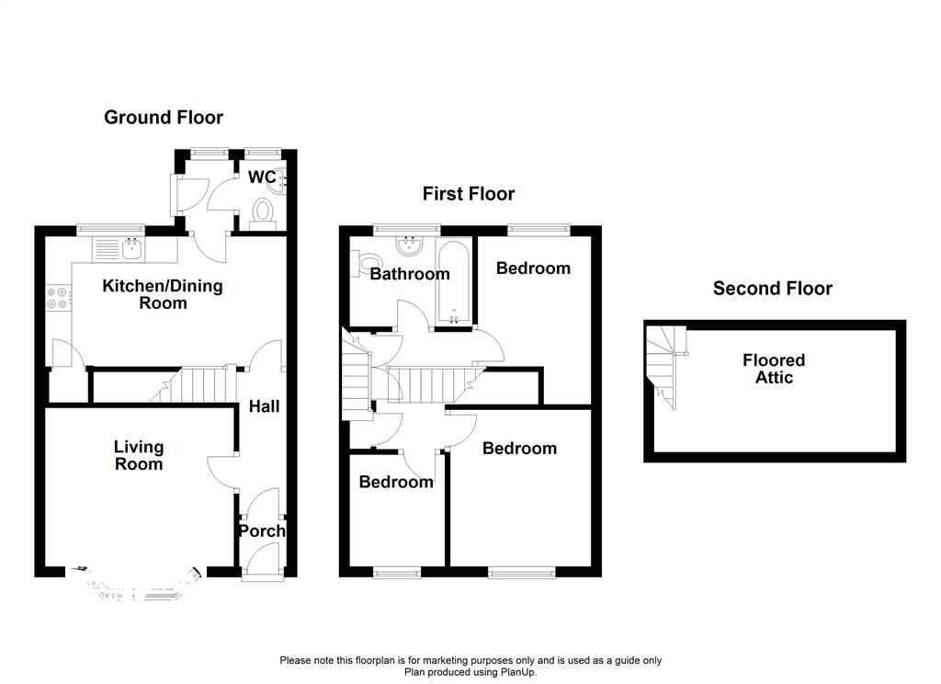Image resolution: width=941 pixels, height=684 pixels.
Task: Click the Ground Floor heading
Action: tap(164, 118)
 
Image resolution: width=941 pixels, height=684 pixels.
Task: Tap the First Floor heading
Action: tap(469, 194)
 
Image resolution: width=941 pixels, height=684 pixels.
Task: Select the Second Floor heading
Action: tap(773, 289)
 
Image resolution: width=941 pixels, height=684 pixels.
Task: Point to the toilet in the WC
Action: tap(263, 211)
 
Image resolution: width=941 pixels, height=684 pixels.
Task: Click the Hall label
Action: tap(263, 406)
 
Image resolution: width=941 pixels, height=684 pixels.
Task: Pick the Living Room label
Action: tap(139, 455)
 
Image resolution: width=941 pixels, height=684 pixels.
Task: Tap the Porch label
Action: tap(263, 531)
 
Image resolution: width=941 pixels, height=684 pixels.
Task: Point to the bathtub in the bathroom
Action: tap(455, 280)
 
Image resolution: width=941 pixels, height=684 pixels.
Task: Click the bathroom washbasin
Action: tap(409, 246)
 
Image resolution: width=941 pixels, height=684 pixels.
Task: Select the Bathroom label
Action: tap(410, 274)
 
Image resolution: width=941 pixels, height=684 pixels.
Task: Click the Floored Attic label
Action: tap(774, 369)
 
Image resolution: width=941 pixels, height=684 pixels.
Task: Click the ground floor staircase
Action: tap(198, 383)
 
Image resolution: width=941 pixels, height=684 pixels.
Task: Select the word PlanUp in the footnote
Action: tap(516, 672)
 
